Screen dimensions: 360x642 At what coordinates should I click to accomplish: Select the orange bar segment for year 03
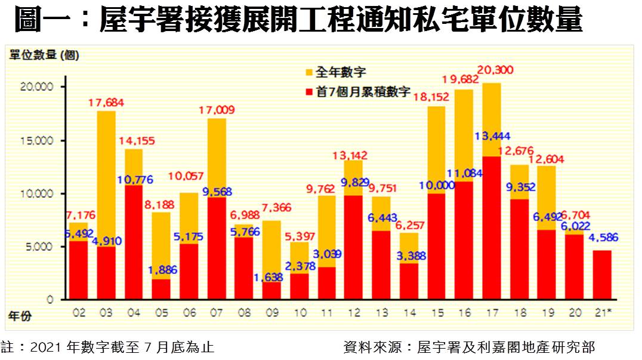(x=106, y=179)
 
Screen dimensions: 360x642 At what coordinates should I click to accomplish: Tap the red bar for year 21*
(x=601, y=275)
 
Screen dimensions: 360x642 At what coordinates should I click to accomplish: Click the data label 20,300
(x=496, y=70)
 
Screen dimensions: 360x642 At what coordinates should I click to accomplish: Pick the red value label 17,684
(x=106, y=103)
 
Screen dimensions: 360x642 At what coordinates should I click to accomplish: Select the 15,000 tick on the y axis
(x=40, y=141)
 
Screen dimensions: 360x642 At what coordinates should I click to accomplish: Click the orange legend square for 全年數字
(x=309, y=73)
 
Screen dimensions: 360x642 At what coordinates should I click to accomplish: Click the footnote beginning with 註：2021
(x=107, y=347)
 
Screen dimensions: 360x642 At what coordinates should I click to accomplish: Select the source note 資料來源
(x=469, y=347)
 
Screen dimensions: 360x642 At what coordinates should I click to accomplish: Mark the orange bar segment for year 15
(x=436, y=149)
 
